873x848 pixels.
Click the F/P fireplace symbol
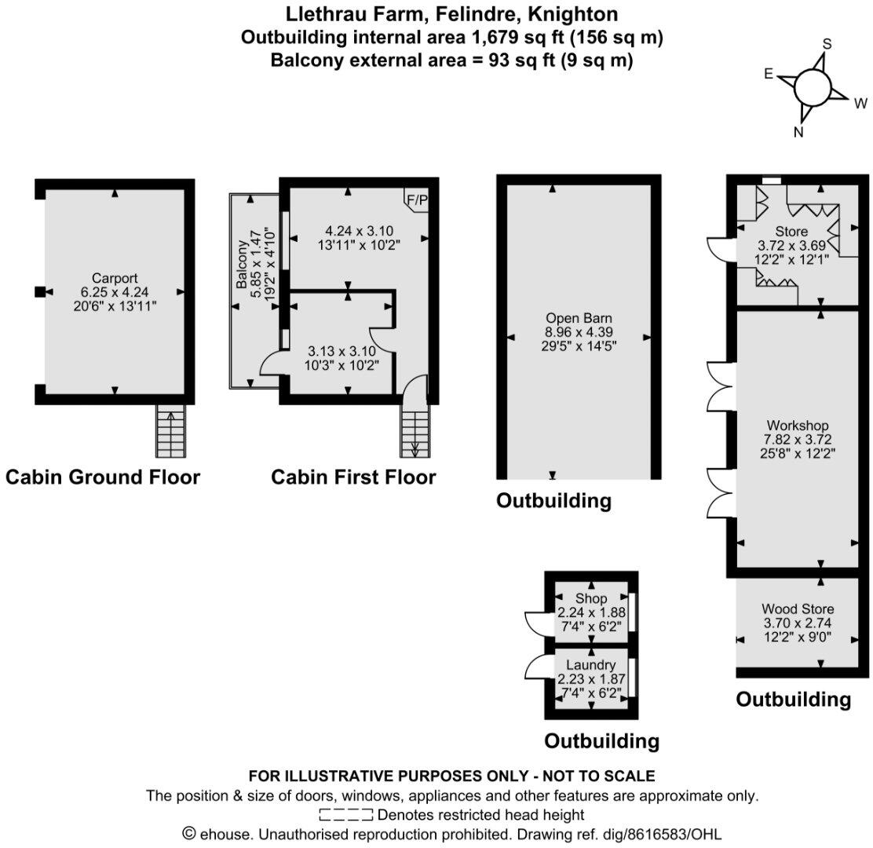417,200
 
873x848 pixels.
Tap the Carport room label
115,278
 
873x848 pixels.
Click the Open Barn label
579,319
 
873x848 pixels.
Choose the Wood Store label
798,609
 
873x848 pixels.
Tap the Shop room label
591,599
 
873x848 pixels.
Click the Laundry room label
591,665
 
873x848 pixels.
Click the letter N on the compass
798,132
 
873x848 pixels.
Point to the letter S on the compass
826,43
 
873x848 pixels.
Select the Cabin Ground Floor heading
103,477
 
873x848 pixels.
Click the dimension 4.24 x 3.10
359,231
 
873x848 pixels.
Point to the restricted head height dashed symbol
345,814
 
